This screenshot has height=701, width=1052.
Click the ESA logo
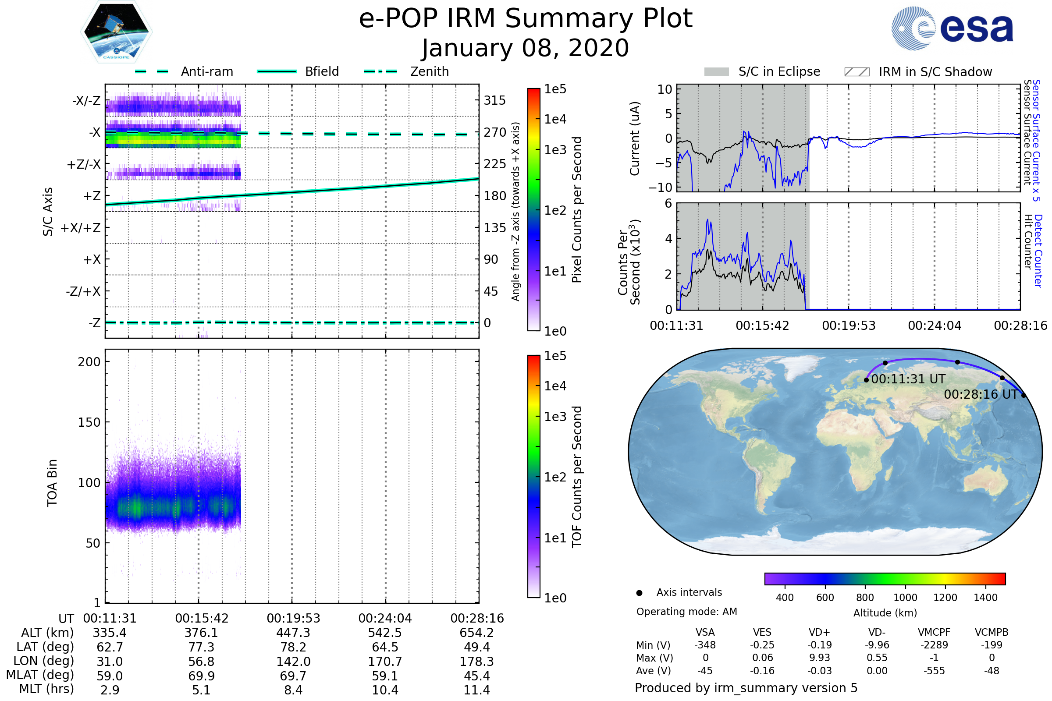[952, 28]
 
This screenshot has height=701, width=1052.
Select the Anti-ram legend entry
[206, 71]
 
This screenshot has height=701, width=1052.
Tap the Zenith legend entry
[430, 71]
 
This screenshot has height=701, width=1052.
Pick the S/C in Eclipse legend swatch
[717, 72]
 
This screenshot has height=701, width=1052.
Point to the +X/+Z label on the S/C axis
[81, 228]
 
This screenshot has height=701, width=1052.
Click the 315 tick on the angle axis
[495, 100]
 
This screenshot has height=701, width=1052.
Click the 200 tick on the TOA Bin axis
[89, 362]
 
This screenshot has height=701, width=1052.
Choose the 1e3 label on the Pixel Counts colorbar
[555, 150]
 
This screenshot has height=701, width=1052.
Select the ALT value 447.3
[293, 633]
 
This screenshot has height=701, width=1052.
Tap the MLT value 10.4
[385, 690]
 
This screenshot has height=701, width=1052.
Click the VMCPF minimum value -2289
[934, 644]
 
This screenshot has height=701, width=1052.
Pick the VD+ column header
[819, 632]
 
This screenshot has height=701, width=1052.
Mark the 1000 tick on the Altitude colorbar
[905, 598]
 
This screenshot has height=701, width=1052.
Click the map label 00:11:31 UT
[908, 379]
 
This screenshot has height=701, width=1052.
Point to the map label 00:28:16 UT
[981, 394]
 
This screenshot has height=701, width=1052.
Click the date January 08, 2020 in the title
[526, 48]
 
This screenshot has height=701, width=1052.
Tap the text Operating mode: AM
[686, 612]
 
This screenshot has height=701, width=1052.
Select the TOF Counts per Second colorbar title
[577, 477]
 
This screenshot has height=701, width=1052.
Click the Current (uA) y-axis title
[635, 138]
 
